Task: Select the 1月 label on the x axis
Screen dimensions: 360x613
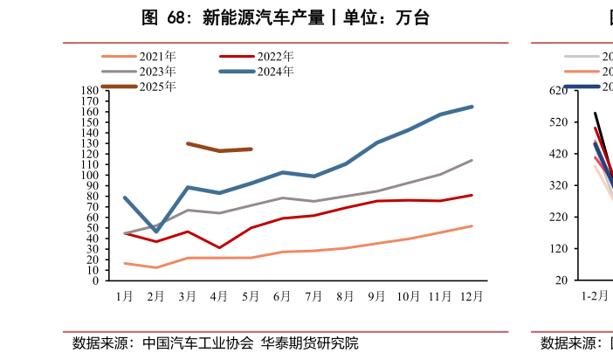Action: tap(125, 296)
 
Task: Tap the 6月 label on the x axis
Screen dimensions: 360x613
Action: tap(282, 296)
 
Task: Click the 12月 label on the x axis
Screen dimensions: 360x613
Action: tap(472, 296)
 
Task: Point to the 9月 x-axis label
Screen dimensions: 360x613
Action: tap(376, 296)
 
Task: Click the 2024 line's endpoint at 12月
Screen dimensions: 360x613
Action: tap(472, 107)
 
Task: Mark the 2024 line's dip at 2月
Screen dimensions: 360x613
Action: tap(156, 232)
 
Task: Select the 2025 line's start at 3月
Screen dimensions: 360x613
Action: tap(188, 143)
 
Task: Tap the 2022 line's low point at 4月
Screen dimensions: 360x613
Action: tap(219, 248)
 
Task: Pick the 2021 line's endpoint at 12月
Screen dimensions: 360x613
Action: tap(472, 226)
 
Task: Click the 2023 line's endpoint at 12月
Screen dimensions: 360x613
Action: tap(472, 160)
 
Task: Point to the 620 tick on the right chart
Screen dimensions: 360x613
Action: tap(560, 91)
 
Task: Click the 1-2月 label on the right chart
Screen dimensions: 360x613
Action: tap(595, 296)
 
